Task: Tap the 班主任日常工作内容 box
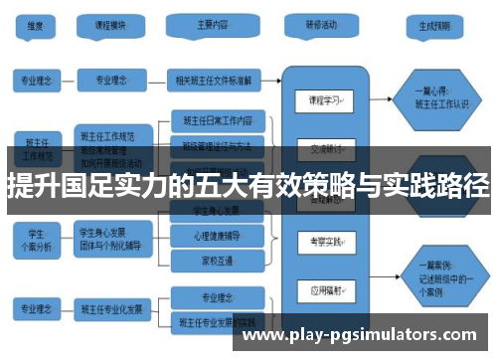(219, 120)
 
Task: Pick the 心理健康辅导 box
(217, 237)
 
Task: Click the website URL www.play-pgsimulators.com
(359, 335)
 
